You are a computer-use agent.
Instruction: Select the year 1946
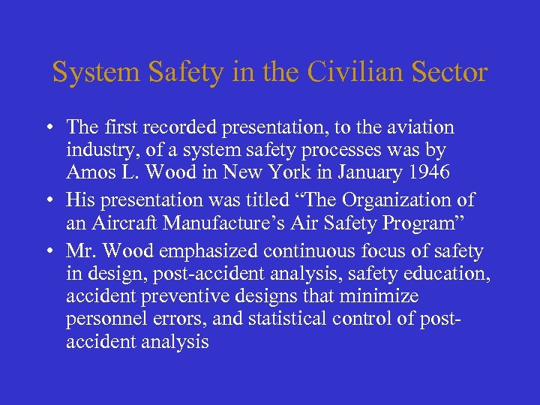click(x=430, y=172)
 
